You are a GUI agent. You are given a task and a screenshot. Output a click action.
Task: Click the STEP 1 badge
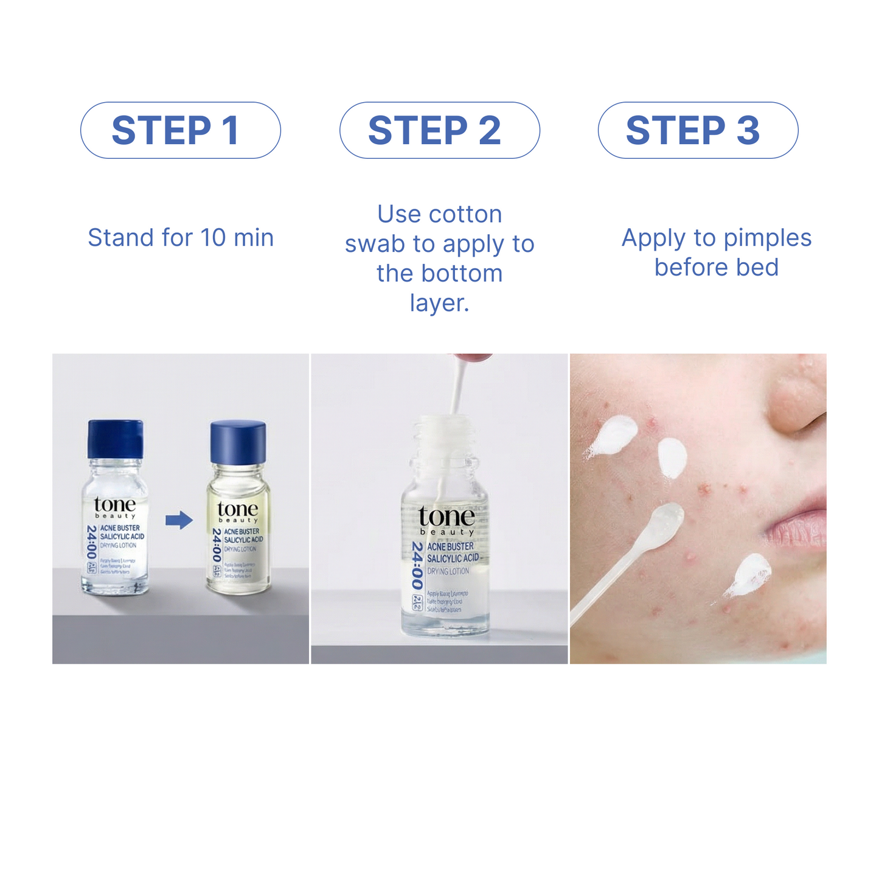pyautogui.click(x=181, y=131)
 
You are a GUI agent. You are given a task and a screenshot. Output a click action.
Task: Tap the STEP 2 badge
pyautogui.click(x=439, y=131)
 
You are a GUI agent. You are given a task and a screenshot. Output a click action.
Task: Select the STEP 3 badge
pyautogui.click(x=698, y=131)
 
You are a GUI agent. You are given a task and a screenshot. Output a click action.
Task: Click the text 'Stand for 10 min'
pyautogui.click(x=181, y=238)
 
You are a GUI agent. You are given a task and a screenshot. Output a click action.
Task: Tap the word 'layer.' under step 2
pyautogui.click(x=439, y=303)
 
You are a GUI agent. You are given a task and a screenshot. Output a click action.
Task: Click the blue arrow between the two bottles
pyautogui.click(x=179, y=520)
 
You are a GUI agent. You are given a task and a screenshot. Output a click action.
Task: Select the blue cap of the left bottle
pyautogui.click(x=116, y=439)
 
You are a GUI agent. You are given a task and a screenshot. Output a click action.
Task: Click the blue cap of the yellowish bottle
pyautogui.click(x=238, y=442)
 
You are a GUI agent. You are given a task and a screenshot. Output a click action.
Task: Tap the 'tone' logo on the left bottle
pyautogui.click(x=115, y=505)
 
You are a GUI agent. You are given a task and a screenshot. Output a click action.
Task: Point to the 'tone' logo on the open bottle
pyautogui.click(x=446, y=516)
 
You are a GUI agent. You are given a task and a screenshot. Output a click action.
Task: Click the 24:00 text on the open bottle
pyautogui.click(x=417, y=565)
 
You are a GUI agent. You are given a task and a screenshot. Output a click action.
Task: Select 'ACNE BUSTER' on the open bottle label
pyautogui.click(x=450, y=547)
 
